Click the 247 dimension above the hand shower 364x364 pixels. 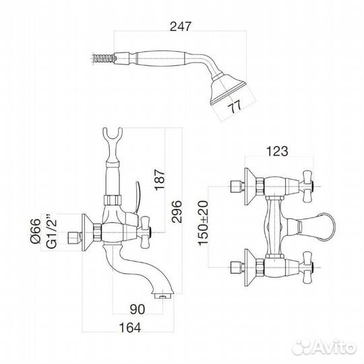click(181, 26)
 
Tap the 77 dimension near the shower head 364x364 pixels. click(235, 107)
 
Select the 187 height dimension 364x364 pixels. click(160, 180)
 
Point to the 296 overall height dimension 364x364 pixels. click(177, 211)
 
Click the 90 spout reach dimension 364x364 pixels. click(138, 309)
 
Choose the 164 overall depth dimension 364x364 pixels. click(130, 328)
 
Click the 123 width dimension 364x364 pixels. click(277, 151)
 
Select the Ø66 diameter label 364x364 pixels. click(36, 231)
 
